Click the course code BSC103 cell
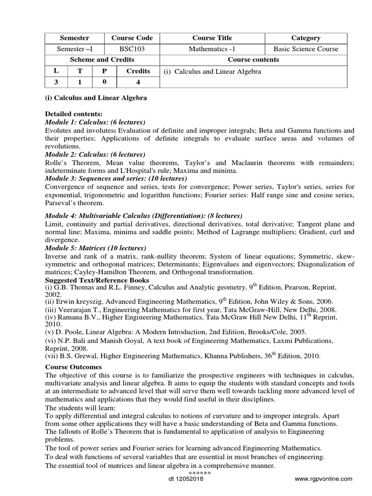[132, 49]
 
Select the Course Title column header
[212, 38]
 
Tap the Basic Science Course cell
[306, 49]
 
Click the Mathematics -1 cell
[212, 49]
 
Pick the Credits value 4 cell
[138, 82]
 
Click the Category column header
[306, 38]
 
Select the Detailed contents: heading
[73, 114]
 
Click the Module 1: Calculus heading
[95, 122]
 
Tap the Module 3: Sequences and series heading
[112, 178]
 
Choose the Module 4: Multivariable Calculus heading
[143, 216]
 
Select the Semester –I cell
[75, 49]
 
